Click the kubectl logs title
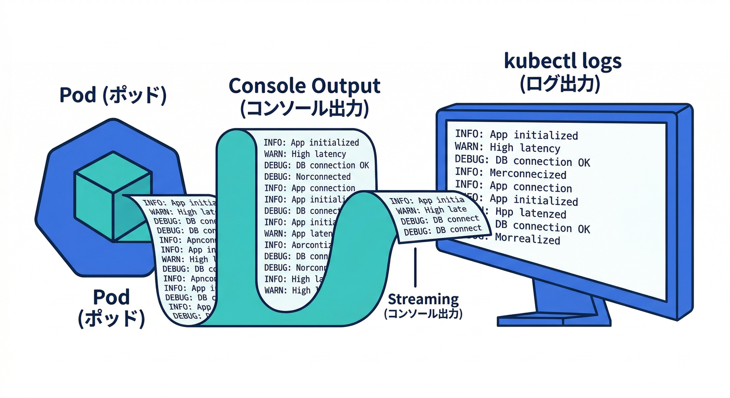click(562, 61)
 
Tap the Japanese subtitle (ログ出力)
click(560, 84)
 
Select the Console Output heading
click(304, 86)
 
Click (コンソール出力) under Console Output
click(304, 108)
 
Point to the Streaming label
click(423, 299)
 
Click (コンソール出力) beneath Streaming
click(423, 314)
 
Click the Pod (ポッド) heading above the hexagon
click(113, 96)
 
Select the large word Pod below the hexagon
click(111, 297)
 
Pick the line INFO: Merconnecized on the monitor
click(510, 174)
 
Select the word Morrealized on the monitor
click(527, 239)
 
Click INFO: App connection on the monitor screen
click(513, 187)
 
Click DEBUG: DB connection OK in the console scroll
click(316, 165)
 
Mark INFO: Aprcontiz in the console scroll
click(296, 245)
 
